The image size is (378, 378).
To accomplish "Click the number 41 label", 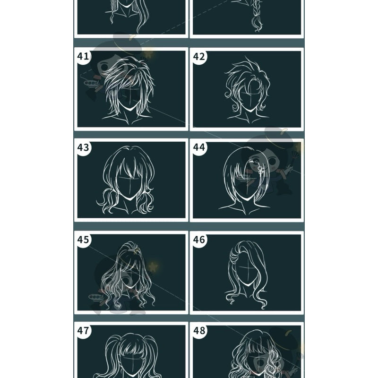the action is click(83, 56).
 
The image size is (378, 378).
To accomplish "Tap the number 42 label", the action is click(199, 56).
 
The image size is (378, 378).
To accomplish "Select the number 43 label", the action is click(83, 147).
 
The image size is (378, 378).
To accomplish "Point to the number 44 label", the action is click(199, 147).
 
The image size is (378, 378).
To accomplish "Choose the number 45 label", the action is click(83, 240).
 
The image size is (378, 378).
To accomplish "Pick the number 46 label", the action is click(199, 240).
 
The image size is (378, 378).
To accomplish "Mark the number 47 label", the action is click(83, 330).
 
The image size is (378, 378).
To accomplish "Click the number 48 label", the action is click(199, 330).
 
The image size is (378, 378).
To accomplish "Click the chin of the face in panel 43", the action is click(130, 198).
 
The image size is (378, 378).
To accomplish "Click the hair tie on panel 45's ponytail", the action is click(134, 251).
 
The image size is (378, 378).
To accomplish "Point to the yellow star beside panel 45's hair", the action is click(153, 267).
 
